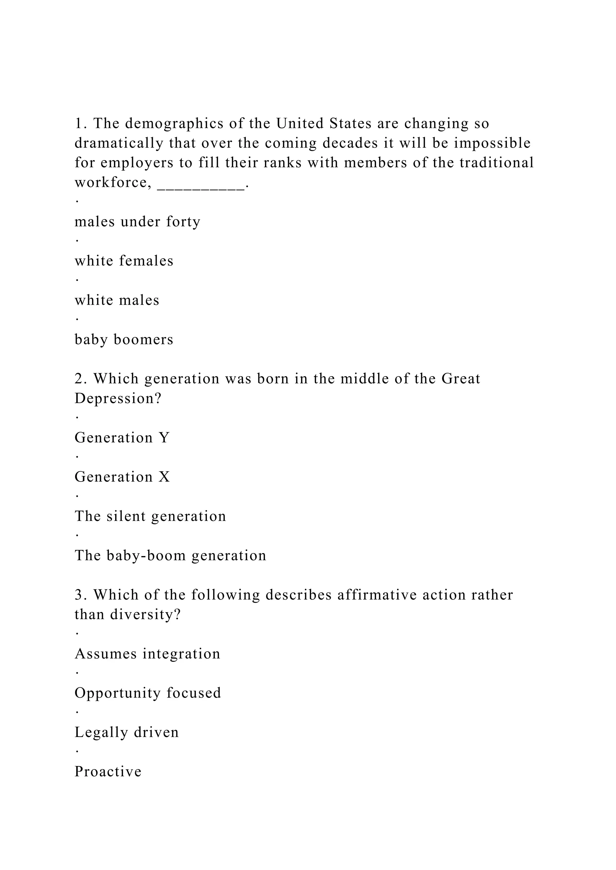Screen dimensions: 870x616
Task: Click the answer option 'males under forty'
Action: [x=137, y=222]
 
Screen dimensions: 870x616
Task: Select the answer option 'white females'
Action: [x=124, y=261]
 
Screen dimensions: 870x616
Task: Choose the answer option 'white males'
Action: [x=117, y=300]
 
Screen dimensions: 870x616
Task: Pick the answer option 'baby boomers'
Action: [x=124, y=339]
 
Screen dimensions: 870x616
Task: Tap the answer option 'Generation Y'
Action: [x=122, y=438]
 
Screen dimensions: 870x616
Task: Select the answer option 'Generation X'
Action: [x=122, y=477]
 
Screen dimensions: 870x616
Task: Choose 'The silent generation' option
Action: [x=150, y=516]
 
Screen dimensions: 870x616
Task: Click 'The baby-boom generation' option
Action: [x=170, y=555]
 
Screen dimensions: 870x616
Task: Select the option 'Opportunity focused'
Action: [x=148, y=693]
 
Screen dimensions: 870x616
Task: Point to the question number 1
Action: [x=79, y=123]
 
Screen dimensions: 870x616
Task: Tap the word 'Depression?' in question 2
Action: [x=118, y=399]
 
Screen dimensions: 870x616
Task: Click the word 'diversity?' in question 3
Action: [x=146, y=615]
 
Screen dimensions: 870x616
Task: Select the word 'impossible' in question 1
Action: [x=492, y=143]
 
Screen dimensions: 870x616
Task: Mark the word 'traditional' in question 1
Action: [x=497, y=163]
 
